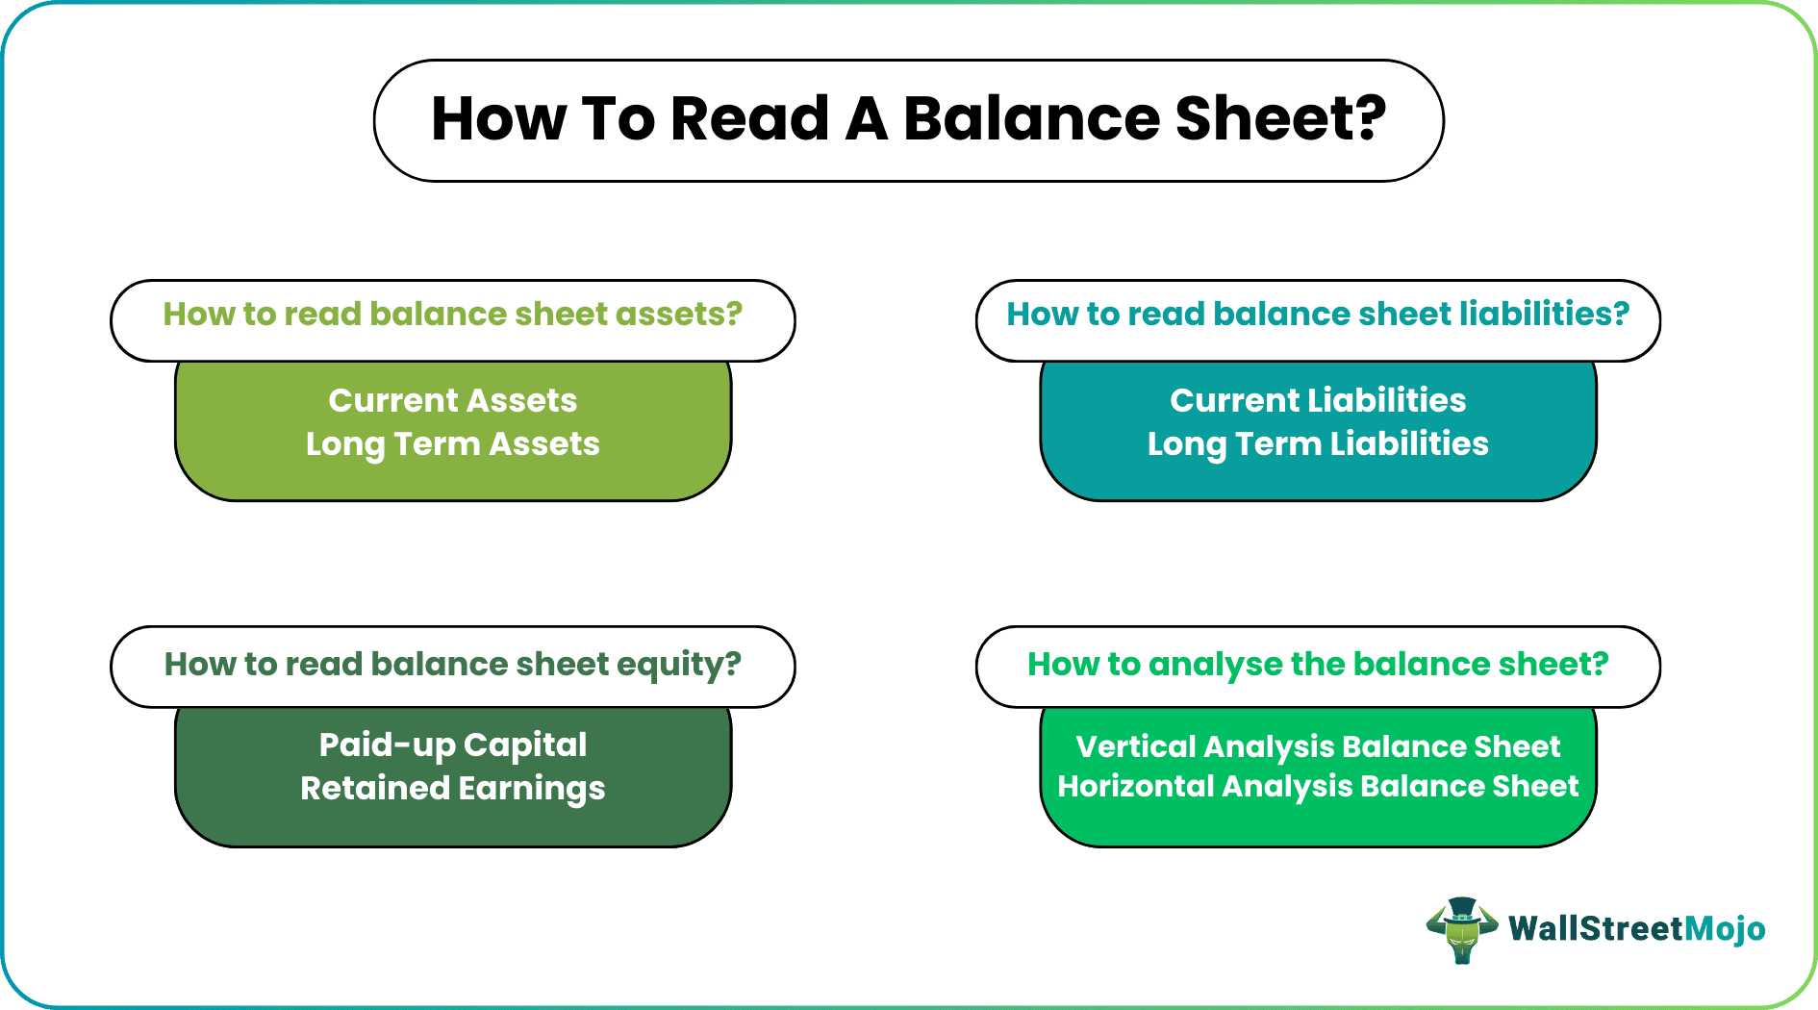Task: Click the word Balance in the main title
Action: click(1031, 119)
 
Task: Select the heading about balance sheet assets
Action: click(452, 315)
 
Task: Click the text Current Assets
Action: click(452, 400)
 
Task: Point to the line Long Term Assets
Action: click(452, 444)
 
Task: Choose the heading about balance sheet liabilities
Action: click(1318, 315)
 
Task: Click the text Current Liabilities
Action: click(1318, 400)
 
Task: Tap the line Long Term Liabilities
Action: click(1318, 444)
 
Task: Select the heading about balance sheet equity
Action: click(452, 665)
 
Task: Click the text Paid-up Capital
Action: click(452, 745)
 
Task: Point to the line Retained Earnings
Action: click(452, 789)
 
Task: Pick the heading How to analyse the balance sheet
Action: click(1318, 665)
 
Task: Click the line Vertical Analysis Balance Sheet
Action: click(1318, 747)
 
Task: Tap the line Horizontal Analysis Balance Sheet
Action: click(1318, 787)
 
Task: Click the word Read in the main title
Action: click(749, 119)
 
